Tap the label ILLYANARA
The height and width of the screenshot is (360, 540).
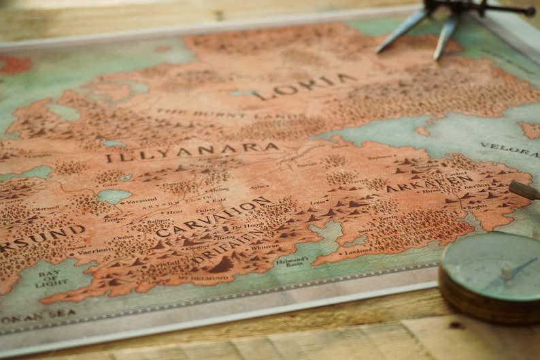coord(192,152)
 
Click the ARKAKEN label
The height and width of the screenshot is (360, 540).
coord(428,183)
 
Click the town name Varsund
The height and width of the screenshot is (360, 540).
coord(141,201)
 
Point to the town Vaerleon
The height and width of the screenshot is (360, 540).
coord(95,250)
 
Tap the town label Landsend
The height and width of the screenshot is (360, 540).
coord(358,250)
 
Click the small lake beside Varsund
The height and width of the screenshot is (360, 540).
coord(114,196)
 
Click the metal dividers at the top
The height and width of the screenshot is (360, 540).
coord(435,20)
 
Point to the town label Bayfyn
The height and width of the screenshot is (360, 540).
coord(476,206)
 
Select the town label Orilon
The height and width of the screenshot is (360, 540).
coord(124,238)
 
